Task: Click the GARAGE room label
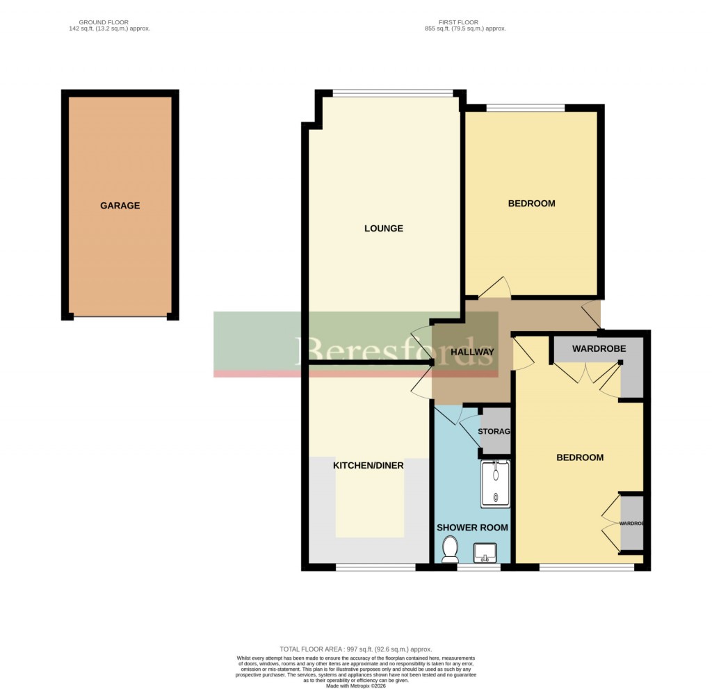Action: coord(120,206)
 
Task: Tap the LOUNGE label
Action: coord(384,229)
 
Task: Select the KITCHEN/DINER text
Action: coord(369,465)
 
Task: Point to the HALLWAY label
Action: coord(472,352)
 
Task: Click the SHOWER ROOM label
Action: coord(472,528)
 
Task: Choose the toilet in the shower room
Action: coord(450,551)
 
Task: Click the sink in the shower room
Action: coord(484,553)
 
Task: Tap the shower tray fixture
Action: coord(495,484)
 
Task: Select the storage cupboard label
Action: coord(495,432)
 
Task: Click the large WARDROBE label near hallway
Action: coord(599,348)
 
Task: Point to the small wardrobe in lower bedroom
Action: coord(631,523)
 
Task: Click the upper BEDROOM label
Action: coord(531,204)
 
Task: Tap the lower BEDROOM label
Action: coord(579,457)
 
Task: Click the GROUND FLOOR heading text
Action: coord(115,26)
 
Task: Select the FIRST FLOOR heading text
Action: coord(464,26)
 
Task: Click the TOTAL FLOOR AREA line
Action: coord(355,648)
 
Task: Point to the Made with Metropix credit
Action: coord(355,685)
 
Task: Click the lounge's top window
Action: coord(393,92)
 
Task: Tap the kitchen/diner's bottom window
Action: coord(375,567)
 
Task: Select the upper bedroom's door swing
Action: coord(498,286)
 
